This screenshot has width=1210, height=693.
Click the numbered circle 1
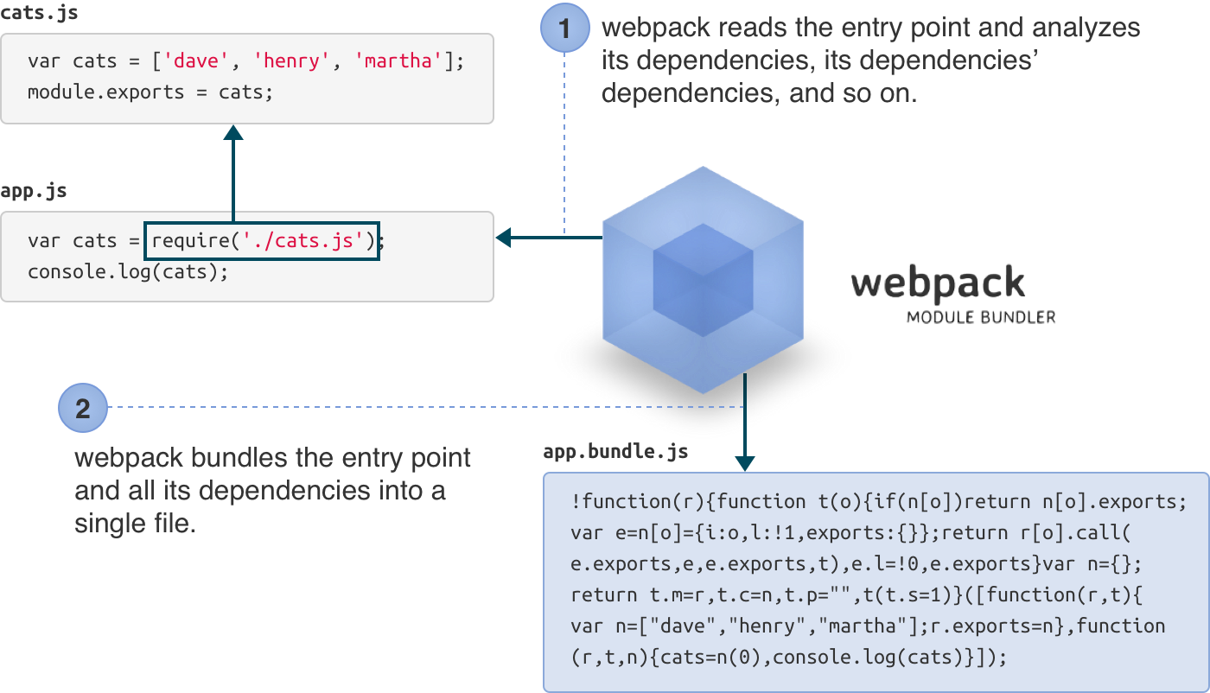565,28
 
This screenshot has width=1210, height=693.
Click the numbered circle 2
83,408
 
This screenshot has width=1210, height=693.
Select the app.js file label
33,192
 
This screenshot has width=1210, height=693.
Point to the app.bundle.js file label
615,452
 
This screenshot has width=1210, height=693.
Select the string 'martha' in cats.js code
399,61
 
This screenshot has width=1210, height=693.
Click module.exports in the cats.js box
105,92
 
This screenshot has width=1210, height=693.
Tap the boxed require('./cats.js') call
264,240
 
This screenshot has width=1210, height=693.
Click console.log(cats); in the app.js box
128,271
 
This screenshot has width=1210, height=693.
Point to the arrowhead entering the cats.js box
232,132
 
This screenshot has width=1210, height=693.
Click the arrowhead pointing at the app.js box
503,238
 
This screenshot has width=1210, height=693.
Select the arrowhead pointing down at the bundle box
744,464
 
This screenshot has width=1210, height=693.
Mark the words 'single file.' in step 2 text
135,524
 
